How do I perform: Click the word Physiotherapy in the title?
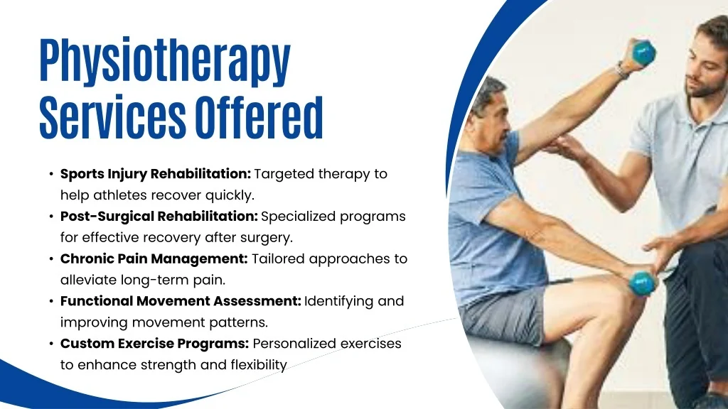pyautogui.click(x=165, y=62)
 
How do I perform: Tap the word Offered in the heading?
pyautogui.click(x=259, y=117)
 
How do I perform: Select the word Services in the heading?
pyautogui.click(x=112, y=117)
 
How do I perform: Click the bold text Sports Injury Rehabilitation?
pyautogui.click(x=156, y=175)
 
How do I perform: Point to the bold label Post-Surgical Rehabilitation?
pyautogui.click(x=159, y=217)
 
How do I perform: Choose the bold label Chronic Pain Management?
pyautogui.click(x=154, y=259)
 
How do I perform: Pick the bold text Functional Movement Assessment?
pyautogui.click(x=181, y=301)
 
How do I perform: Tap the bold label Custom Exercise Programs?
pyautogui.click(x=154, y=344)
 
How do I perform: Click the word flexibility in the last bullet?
pyautogui.click(x=259, y=366)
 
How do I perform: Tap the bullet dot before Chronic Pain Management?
pyautogui.click(x=51, y=259)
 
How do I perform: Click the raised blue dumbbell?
pyautogui.click(x=643, y=52)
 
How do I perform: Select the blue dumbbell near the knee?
pyautogui.click(x=642, y=283)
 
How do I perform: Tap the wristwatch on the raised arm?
pyautogui.click(x=621, y=70)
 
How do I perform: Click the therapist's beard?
pyautogui.click(x=707, y=86)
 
